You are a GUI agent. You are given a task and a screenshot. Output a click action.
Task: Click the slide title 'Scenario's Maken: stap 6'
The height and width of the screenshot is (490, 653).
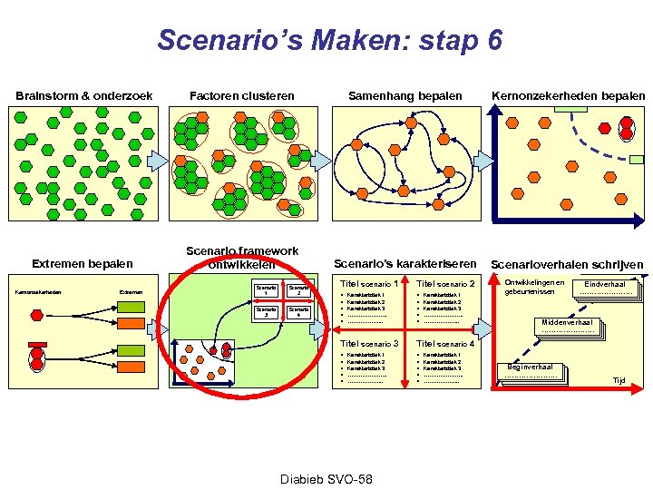tap(329, 41)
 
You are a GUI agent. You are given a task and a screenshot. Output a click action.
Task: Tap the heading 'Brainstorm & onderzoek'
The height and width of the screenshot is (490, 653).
tap(84, 96)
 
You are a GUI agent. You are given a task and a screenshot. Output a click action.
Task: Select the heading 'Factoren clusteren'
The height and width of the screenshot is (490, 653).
tap(241, 96)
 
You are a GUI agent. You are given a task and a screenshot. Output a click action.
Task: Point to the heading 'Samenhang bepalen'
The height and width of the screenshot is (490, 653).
tap(405, 96)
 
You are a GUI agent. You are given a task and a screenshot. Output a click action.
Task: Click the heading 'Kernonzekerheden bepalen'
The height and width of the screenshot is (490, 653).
tap(569, 96)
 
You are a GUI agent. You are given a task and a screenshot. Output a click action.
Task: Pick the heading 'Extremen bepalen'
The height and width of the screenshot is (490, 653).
tap(83, 264)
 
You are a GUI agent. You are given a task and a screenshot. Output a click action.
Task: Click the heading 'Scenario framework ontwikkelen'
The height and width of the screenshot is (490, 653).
tap(242, 258)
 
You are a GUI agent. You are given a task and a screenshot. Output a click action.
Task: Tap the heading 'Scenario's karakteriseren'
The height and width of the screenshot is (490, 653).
tap(405, 264)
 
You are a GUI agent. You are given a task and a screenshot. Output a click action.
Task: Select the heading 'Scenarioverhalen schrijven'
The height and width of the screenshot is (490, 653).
tap(567, 265)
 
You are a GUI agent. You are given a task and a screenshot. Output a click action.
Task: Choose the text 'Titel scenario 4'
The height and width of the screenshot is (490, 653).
tap(445, 344)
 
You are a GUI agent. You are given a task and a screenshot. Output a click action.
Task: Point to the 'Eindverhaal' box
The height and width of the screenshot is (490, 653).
tap(605, 288)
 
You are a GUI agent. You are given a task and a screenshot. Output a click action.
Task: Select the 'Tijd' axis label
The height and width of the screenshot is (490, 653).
tap(619, 381)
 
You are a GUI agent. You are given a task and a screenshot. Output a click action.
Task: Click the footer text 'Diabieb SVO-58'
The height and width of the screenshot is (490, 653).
tap(326, 478)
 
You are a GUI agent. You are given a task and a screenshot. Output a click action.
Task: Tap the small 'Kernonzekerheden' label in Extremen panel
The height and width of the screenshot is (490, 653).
tap(37, 291)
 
